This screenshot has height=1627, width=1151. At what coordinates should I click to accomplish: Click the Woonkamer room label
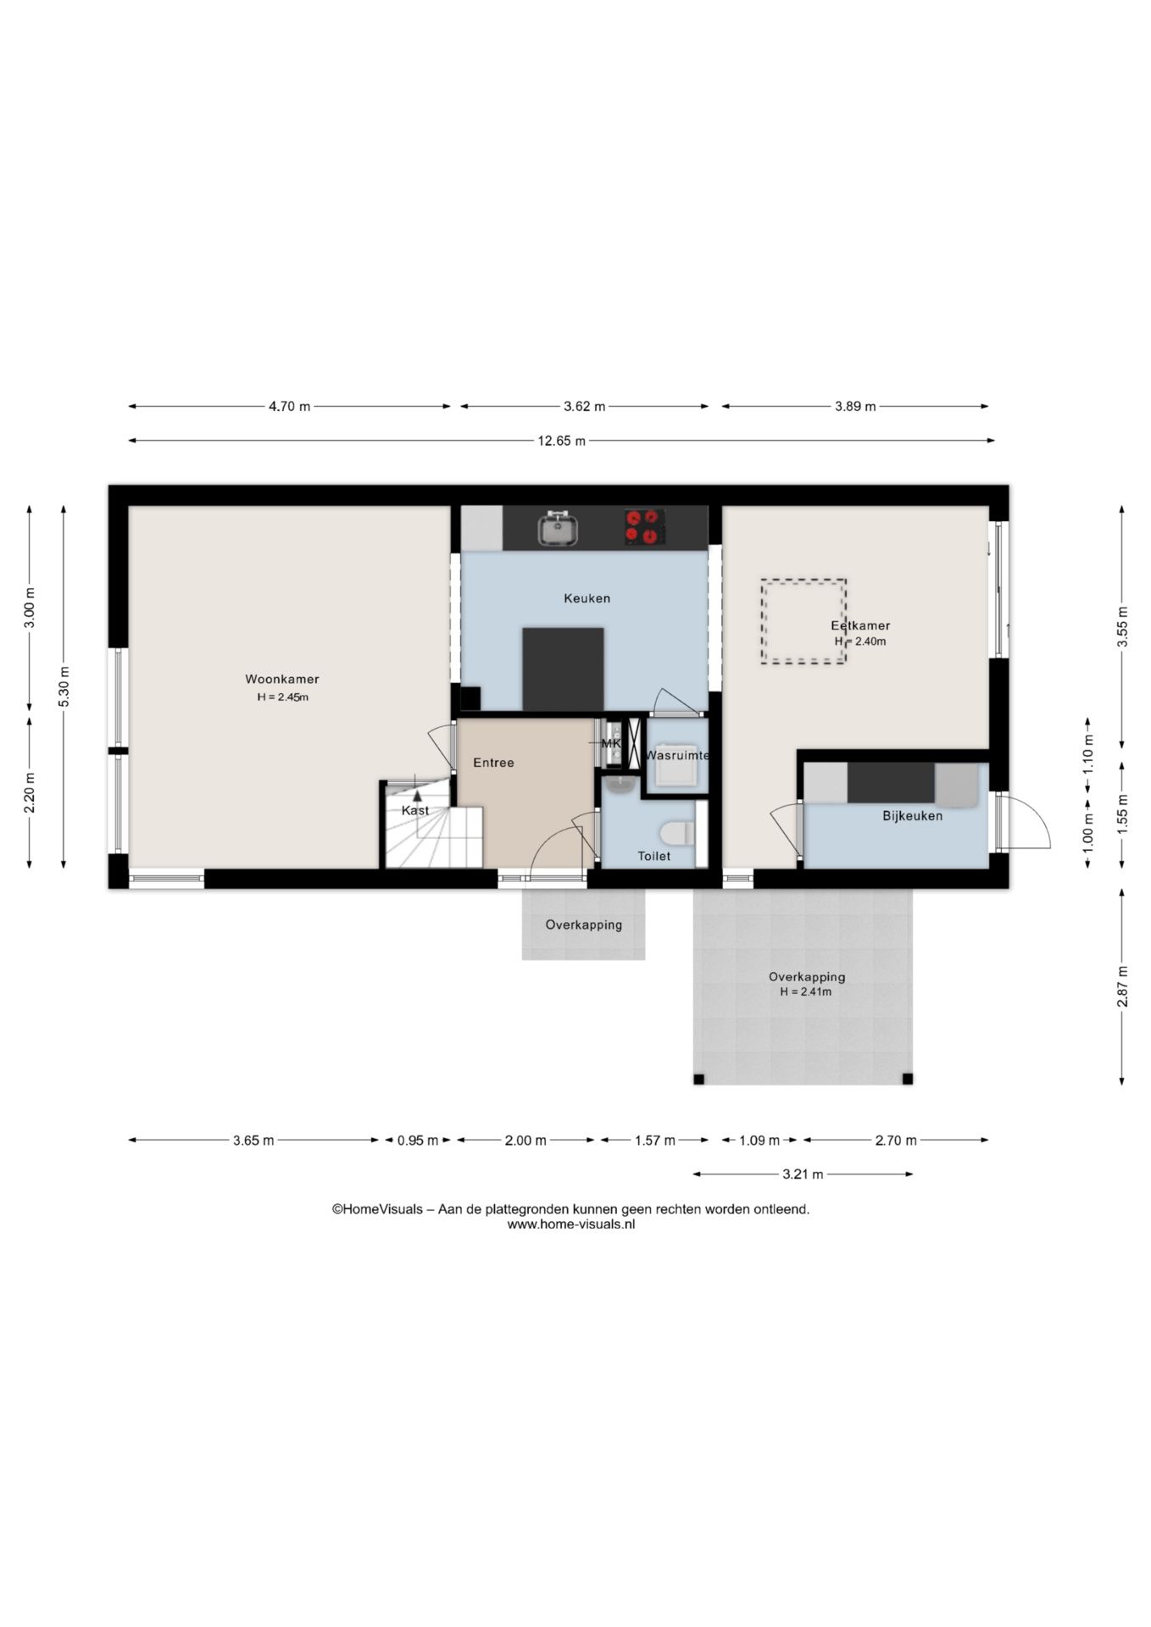282,679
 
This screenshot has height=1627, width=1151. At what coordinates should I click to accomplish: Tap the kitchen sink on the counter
558,528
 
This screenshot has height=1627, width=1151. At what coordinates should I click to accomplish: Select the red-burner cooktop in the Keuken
644,526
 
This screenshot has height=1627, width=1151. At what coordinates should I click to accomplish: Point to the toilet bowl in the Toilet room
677,833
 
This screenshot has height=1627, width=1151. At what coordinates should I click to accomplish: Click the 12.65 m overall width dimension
561,441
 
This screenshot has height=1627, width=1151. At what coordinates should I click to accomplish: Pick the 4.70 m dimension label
289,407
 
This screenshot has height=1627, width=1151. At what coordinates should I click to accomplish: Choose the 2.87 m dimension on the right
1122,986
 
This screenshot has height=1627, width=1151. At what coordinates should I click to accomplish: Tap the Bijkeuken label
912,816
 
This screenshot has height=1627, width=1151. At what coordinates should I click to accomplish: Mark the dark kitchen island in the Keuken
563,669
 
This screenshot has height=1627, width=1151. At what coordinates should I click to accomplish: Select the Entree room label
493,763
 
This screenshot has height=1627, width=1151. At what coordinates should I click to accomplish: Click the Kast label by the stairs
415,810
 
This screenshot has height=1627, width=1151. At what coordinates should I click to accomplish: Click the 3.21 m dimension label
803,1174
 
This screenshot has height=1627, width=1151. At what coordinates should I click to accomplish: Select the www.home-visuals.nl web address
571,1224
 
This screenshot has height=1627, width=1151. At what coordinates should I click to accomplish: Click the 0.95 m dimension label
418,1141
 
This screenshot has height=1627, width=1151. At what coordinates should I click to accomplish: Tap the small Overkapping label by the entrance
583,925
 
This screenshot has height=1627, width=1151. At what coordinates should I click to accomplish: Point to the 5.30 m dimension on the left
64,687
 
